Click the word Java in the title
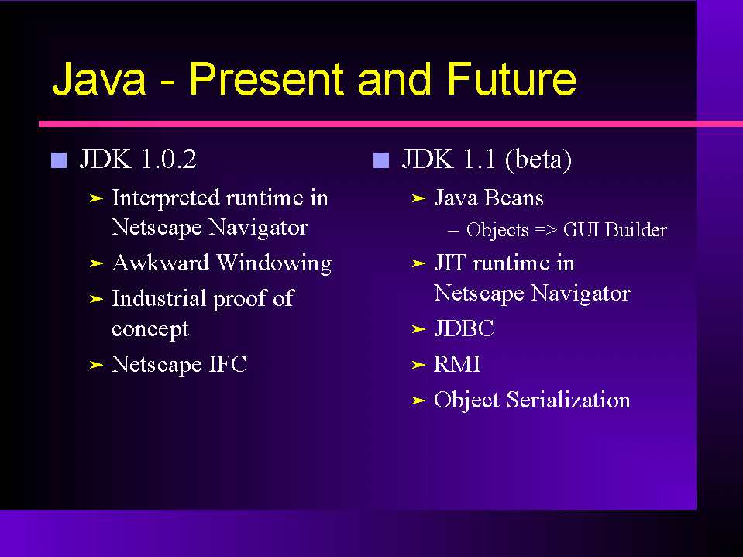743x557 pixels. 98,79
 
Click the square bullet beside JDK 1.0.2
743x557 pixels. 59,160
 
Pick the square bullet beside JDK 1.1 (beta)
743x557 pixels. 381,160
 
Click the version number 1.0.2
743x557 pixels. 168,159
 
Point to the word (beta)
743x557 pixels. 538,159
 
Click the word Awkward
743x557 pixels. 160,263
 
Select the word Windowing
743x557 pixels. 274,263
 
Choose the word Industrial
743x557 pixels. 158,298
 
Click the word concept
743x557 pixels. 150,329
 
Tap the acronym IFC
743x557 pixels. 228,364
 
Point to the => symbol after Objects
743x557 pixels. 546,230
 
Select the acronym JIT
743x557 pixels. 449,263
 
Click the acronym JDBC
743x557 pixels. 464,328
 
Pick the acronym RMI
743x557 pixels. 457,364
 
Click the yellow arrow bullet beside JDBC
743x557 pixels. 418,329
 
